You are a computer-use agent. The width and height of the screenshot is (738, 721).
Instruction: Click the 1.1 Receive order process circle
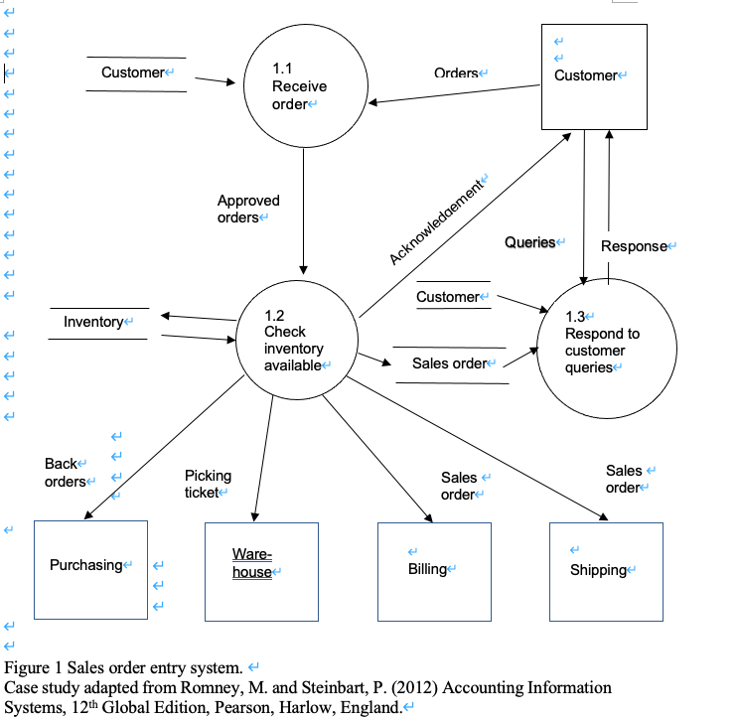299,86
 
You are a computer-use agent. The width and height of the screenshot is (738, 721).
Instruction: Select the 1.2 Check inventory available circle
295,341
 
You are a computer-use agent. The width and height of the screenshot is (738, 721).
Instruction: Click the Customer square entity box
593,76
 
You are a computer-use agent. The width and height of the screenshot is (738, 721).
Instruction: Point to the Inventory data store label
94,322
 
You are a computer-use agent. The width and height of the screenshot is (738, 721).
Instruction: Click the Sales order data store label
450,363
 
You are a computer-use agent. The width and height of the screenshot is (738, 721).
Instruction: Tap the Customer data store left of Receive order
133,72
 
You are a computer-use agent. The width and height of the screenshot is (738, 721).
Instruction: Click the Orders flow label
456,73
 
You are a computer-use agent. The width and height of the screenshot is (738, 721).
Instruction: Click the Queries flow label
530,242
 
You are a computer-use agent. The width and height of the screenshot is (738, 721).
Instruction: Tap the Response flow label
634,246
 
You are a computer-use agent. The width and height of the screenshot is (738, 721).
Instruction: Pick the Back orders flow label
65,473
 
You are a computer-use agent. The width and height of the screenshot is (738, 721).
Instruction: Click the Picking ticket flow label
208,484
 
